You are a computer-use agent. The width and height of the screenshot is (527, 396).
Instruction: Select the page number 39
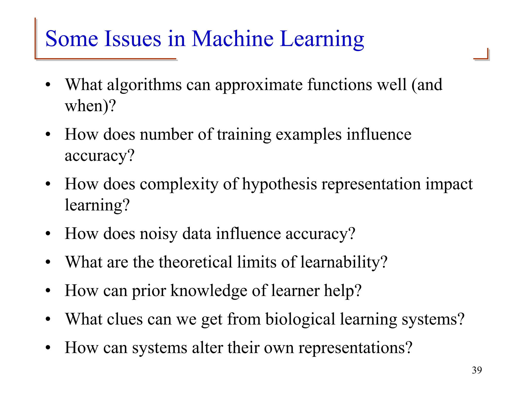tap(477, 370)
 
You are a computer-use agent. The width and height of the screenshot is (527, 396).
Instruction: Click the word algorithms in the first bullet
tap(144, 85)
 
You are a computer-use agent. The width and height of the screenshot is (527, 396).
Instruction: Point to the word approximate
tap(259, 85)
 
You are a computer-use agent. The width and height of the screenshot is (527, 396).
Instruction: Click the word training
tap(244, 135)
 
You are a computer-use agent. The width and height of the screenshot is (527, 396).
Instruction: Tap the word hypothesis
tap(279, 185)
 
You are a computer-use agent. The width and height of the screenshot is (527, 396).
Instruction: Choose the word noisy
tap(159, 234)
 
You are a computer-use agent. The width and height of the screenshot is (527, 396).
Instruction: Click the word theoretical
tap(195, 262)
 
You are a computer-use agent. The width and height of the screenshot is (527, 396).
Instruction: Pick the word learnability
tap(344, 262)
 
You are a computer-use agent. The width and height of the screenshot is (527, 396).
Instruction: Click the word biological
tap(300, 319)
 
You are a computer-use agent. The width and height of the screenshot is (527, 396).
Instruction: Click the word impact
tap(449, 185)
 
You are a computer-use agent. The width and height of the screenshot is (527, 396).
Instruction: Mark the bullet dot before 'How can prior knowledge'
tap(48, 291)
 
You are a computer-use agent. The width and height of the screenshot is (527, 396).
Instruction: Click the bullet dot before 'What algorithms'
tap(48, 85)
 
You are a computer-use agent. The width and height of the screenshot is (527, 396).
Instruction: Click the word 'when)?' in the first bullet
tap(90, 106)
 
